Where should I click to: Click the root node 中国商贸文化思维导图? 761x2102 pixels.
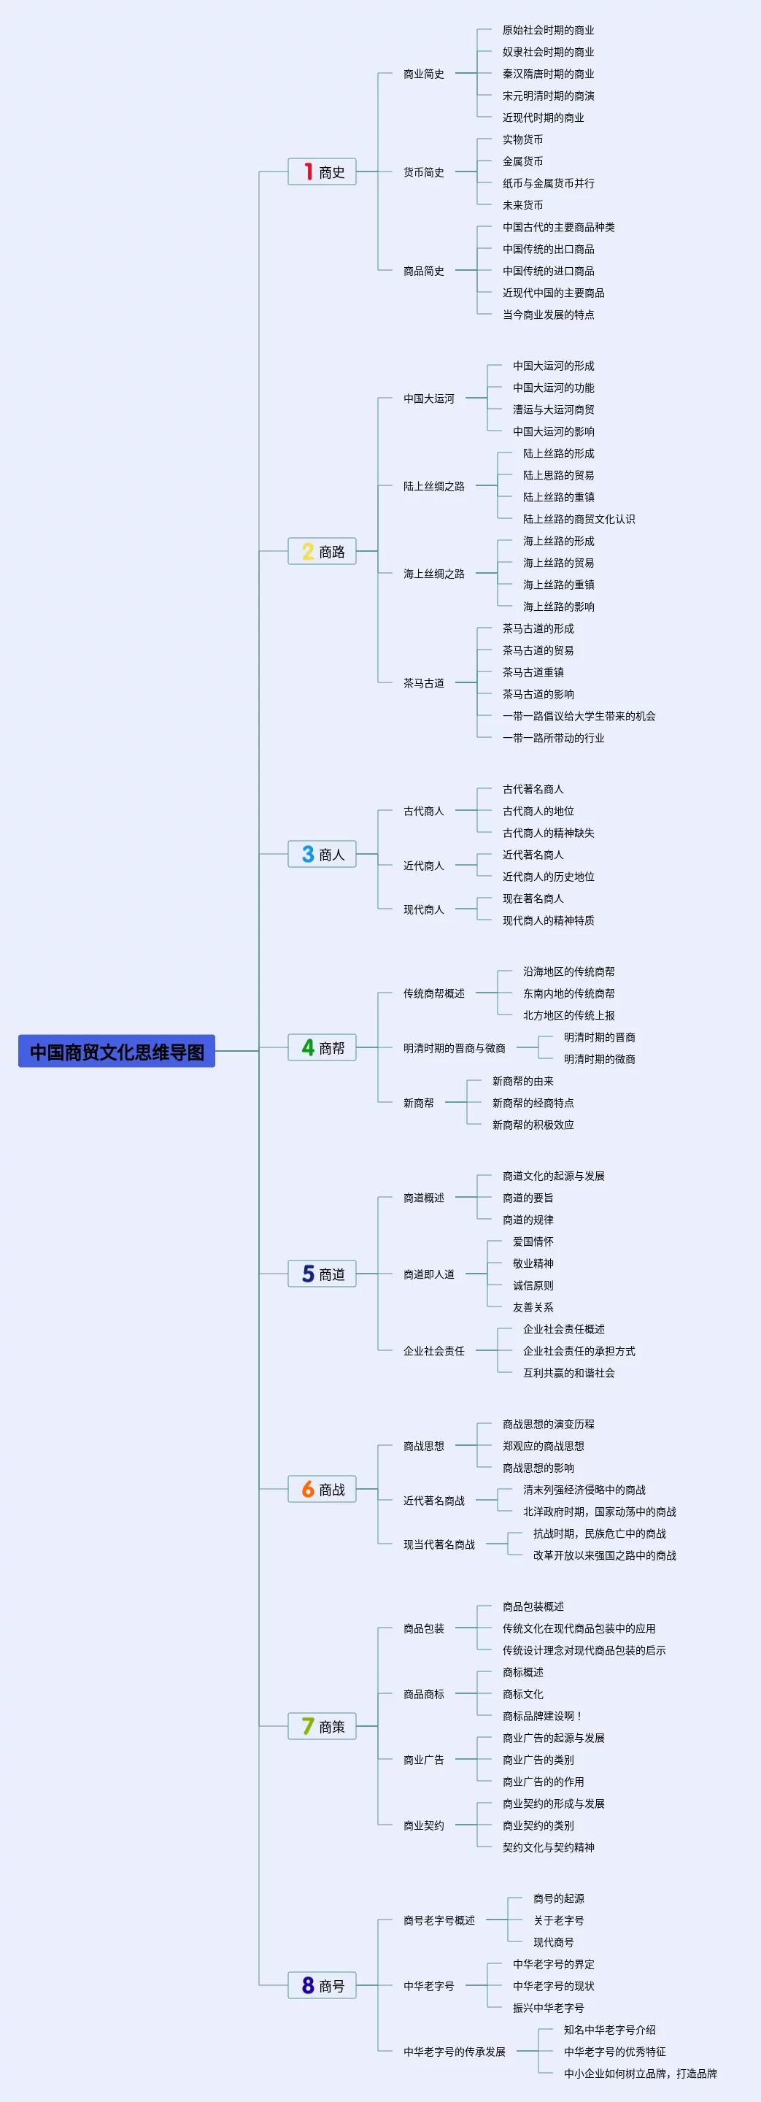[x=117, y=1051]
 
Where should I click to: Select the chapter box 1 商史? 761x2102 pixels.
[x=322, y=172]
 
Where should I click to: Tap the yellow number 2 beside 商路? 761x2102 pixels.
[x=307, y=552]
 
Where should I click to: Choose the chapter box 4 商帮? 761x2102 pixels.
[x=322, y=1047]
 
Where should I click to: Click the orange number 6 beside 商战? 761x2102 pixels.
[x=307, y=1489]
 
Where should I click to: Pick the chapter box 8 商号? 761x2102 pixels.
[x=322, y=1984]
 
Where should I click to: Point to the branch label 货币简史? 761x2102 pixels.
[x=423, y=172]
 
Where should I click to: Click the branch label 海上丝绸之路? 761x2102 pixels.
[x=433, y=574]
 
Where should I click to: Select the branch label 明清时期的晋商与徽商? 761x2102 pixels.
[x=454, y=1048]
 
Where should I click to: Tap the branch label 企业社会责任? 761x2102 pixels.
[x=433, y=1350]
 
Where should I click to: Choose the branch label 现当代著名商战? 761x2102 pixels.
[x=438, y=1544]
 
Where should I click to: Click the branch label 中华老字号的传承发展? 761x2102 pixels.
[x=454, y=2051]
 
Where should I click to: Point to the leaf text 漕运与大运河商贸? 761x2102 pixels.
[x=553, y=409]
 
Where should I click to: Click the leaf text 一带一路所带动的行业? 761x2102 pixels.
[x=553, y=738]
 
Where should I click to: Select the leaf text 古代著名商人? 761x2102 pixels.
[x=533, y=789]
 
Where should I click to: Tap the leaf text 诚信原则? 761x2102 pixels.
[x=533, y=1285]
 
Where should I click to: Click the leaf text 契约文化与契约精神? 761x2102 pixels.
[x=548, y=1847]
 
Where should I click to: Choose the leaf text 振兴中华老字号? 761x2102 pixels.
[x=548, y=2007]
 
